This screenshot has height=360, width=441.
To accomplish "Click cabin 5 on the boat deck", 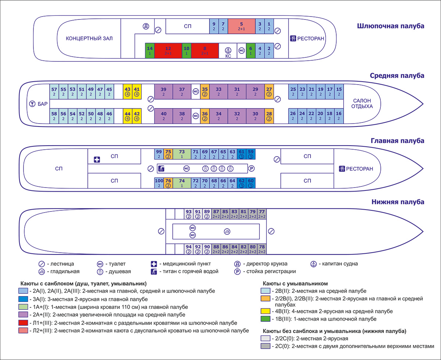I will pos(241,26).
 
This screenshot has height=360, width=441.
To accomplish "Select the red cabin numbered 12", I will pos(168,50).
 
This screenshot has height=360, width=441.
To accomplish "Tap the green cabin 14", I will pos(150,50).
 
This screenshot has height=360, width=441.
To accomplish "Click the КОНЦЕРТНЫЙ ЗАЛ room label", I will pos(89,38).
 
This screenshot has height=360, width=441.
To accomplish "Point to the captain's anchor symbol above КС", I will pos(228,50).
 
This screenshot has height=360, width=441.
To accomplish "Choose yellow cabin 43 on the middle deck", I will pos(128,91).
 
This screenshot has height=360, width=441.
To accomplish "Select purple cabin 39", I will pos(164,91).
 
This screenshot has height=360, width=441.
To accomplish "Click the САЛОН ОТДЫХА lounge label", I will pos(362,103).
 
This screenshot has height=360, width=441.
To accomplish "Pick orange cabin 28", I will pos(269,116).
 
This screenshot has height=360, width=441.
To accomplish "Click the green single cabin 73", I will pos(182,154).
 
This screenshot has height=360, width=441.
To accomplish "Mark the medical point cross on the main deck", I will pos(97,159).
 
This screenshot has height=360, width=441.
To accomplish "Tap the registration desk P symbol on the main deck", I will pos(251,169).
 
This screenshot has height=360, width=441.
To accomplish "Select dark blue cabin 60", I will pos(251,183).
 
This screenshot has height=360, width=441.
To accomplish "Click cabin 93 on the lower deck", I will pos(189,214).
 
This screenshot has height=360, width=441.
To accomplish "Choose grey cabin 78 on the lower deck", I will pos(262,249).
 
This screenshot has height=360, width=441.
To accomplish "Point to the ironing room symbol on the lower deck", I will pos(227,231).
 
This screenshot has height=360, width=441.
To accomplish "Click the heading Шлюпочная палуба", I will pos(390,26).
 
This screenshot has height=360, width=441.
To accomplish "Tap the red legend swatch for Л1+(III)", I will pos(22,323).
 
